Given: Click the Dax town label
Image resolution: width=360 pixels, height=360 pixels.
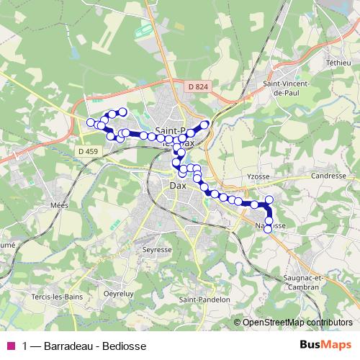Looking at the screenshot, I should click(178, 185).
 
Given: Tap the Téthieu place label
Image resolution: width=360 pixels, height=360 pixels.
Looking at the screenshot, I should click(338, 63).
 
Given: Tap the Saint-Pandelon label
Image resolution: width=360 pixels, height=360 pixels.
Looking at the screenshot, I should click(204, 300).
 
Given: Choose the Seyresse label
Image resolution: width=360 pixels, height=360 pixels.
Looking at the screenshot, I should click(157, 249).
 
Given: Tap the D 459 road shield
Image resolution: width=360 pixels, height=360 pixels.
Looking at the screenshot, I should click(86, 150).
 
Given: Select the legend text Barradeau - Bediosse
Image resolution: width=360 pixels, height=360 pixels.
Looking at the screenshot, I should click(94, 346).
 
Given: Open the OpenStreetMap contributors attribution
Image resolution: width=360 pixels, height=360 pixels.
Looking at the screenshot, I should click(297, 322).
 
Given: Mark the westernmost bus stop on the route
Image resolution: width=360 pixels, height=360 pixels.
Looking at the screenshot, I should click(91, 122).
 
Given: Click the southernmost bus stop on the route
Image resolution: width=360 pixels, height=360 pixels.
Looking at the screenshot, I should click(269, 229).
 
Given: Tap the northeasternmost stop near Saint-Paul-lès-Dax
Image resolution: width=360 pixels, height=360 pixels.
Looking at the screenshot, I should click(204, 125).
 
